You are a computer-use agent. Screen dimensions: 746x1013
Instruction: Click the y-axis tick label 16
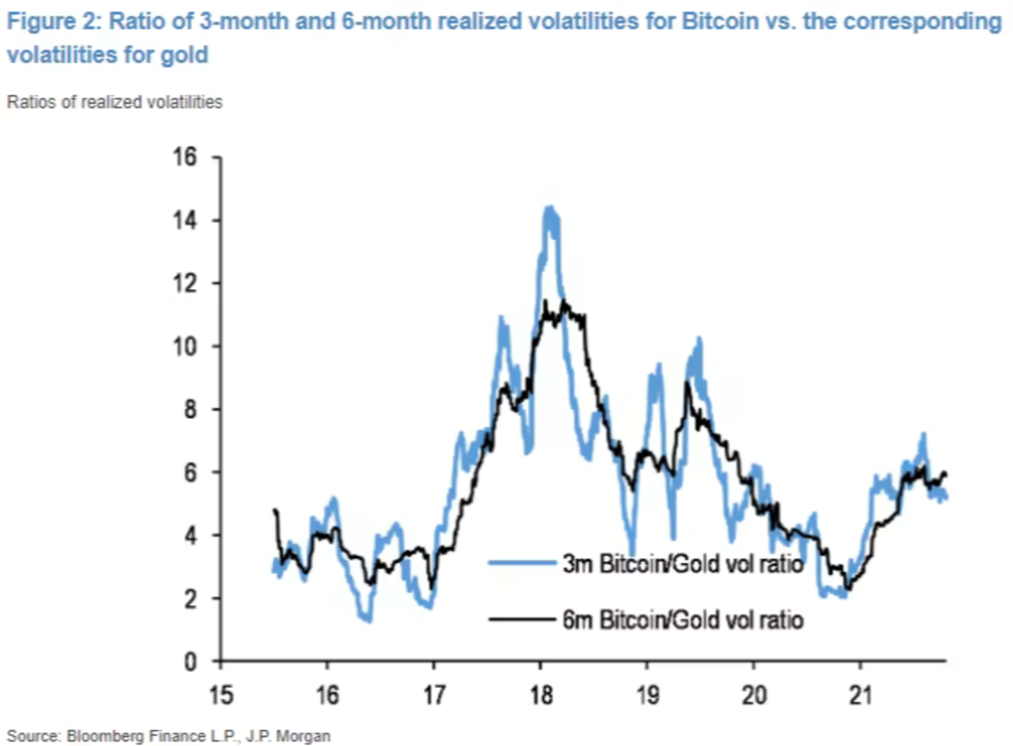click(x=185, y=157)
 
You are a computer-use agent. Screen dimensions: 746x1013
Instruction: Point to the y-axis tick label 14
click(x=185, y=220)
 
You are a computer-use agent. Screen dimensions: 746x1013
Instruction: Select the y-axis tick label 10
click(x=185, y=346)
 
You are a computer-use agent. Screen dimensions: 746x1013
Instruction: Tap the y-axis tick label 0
click(x=190, y=662)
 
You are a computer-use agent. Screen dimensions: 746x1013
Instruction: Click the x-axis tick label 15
click(x=221, y=695)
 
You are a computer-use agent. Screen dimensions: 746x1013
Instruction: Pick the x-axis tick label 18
click(x=541, y=695)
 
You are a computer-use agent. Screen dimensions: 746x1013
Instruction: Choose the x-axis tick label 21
click(x=861, y=695)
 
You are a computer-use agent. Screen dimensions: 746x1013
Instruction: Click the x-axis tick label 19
click(x=647, y=695)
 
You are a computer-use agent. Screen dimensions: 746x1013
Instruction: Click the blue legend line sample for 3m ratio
click(x=521, y=562)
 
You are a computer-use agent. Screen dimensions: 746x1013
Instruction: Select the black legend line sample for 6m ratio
click(x=521, y=619)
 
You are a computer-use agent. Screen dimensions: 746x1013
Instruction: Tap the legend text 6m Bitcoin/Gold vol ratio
click(x=682, y=620)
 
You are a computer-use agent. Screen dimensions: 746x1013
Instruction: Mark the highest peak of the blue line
click(x=550, y=208)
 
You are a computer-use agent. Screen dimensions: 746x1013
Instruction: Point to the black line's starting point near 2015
click(x=274, y=510)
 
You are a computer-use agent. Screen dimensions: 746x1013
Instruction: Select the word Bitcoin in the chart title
click(x=720, y=21)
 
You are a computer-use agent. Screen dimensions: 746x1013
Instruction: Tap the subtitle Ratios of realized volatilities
click(x=115, y=102)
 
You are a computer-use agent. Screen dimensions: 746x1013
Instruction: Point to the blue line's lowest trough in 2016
click(x=368, y=620)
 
